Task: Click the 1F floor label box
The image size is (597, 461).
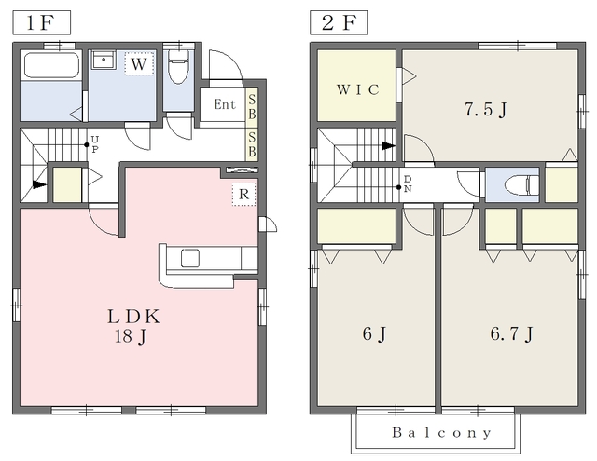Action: tap(41, 22)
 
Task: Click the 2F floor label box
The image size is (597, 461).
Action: tap(339, 22)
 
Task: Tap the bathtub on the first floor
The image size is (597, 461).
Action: tap(51, 65)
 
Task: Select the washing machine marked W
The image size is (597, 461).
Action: tap(139, 64)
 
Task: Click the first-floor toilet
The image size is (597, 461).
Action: tap(178, 66)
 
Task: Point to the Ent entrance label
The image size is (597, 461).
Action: tap(225, 104)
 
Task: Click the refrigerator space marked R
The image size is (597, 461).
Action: tap(244, 195)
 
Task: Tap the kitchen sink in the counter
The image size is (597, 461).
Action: tap(190, 258)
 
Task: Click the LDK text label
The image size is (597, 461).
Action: tap(133, 317)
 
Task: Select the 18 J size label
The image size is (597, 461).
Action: tap(131, 336)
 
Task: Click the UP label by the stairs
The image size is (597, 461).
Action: tap(95, 144)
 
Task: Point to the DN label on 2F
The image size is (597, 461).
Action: tap(408, 183)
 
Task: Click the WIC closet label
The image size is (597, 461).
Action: tap(358, 89)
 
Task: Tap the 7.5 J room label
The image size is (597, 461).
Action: tap(486, 110)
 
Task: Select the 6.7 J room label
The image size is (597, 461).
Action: tap(511, 333)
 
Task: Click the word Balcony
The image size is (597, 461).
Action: tap(441, 432)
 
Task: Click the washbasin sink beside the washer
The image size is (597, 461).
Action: tap(104, 60)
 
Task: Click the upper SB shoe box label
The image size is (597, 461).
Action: tap(252, 107)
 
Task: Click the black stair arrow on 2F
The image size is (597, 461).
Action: tap(388, 145)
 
